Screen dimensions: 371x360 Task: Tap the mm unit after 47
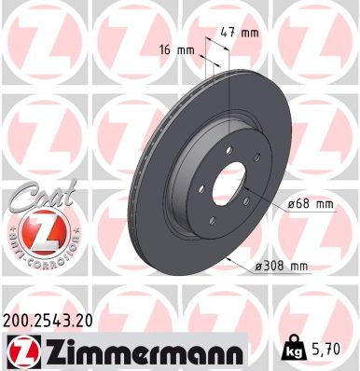[250, 33]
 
